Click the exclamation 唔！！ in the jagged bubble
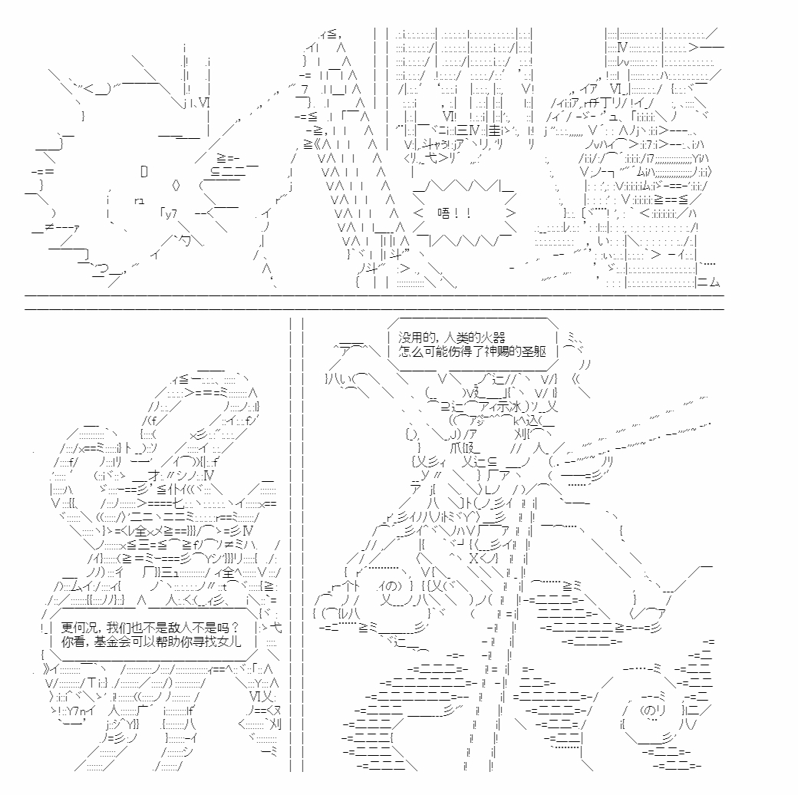tap(454, 214)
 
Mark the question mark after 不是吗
tap(234, 627)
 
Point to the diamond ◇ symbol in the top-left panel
tap(176, 185)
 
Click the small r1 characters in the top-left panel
tap(139, 201)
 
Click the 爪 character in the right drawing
tap(456, 448)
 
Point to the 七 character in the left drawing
tap(179, 504)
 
